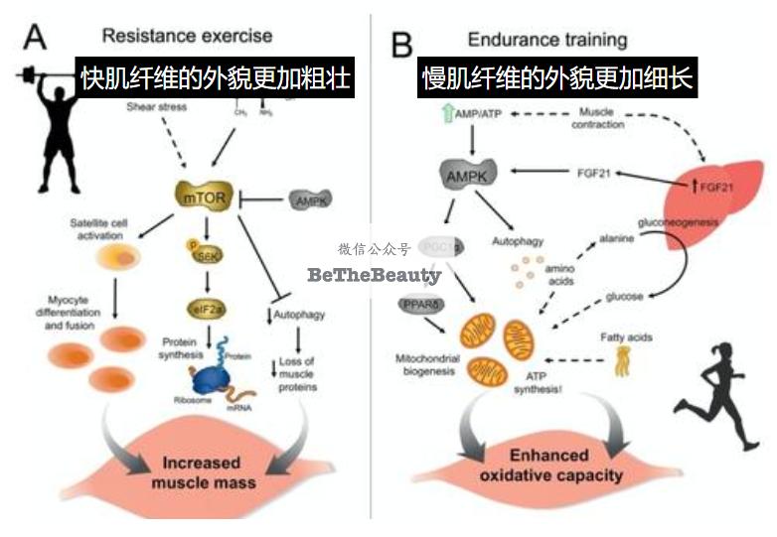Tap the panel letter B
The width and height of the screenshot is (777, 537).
click(x=404, y=44)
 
